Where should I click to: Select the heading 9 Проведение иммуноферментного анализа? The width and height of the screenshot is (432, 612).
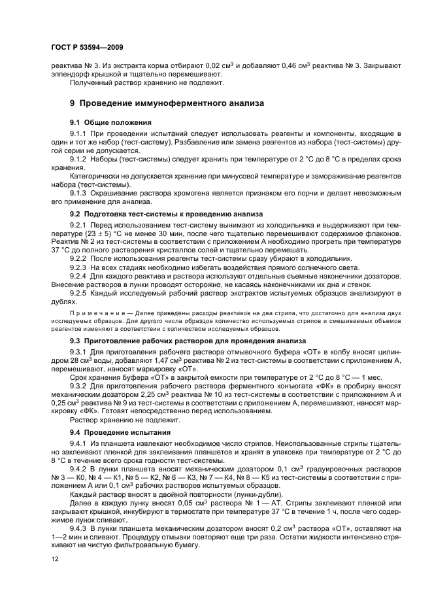167,103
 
